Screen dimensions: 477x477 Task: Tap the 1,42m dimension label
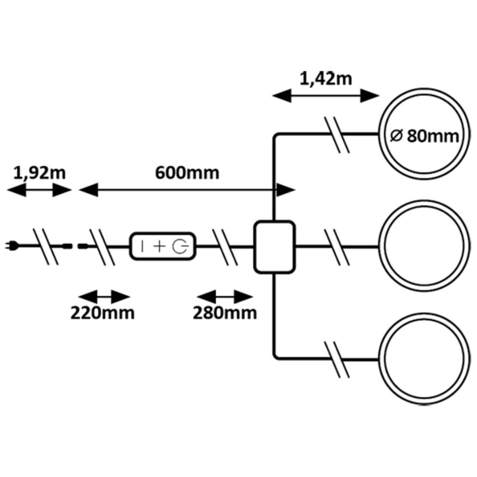click(326, 79)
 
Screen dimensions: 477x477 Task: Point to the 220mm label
click(103, 313)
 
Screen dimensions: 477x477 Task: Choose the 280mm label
click(225, 313)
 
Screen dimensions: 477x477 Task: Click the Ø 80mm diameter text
click(423, 136)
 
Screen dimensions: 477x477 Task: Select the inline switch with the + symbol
click(163, 247)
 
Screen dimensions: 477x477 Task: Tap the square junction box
click(275, 247)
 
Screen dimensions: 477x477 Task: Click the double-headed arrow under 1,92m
click(39, 191)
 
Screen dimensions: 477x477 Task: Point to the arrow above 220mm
click(105, 297)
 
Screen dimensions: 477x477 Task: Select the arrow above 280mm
click(225, 297)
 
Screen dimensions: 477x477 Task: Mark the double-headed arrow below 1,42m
click(326, 96)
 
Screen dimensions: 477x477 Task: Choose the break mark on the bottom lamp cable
click(337, 359)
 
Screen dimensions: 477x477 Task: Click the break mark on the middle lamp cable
click(337, 247)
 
